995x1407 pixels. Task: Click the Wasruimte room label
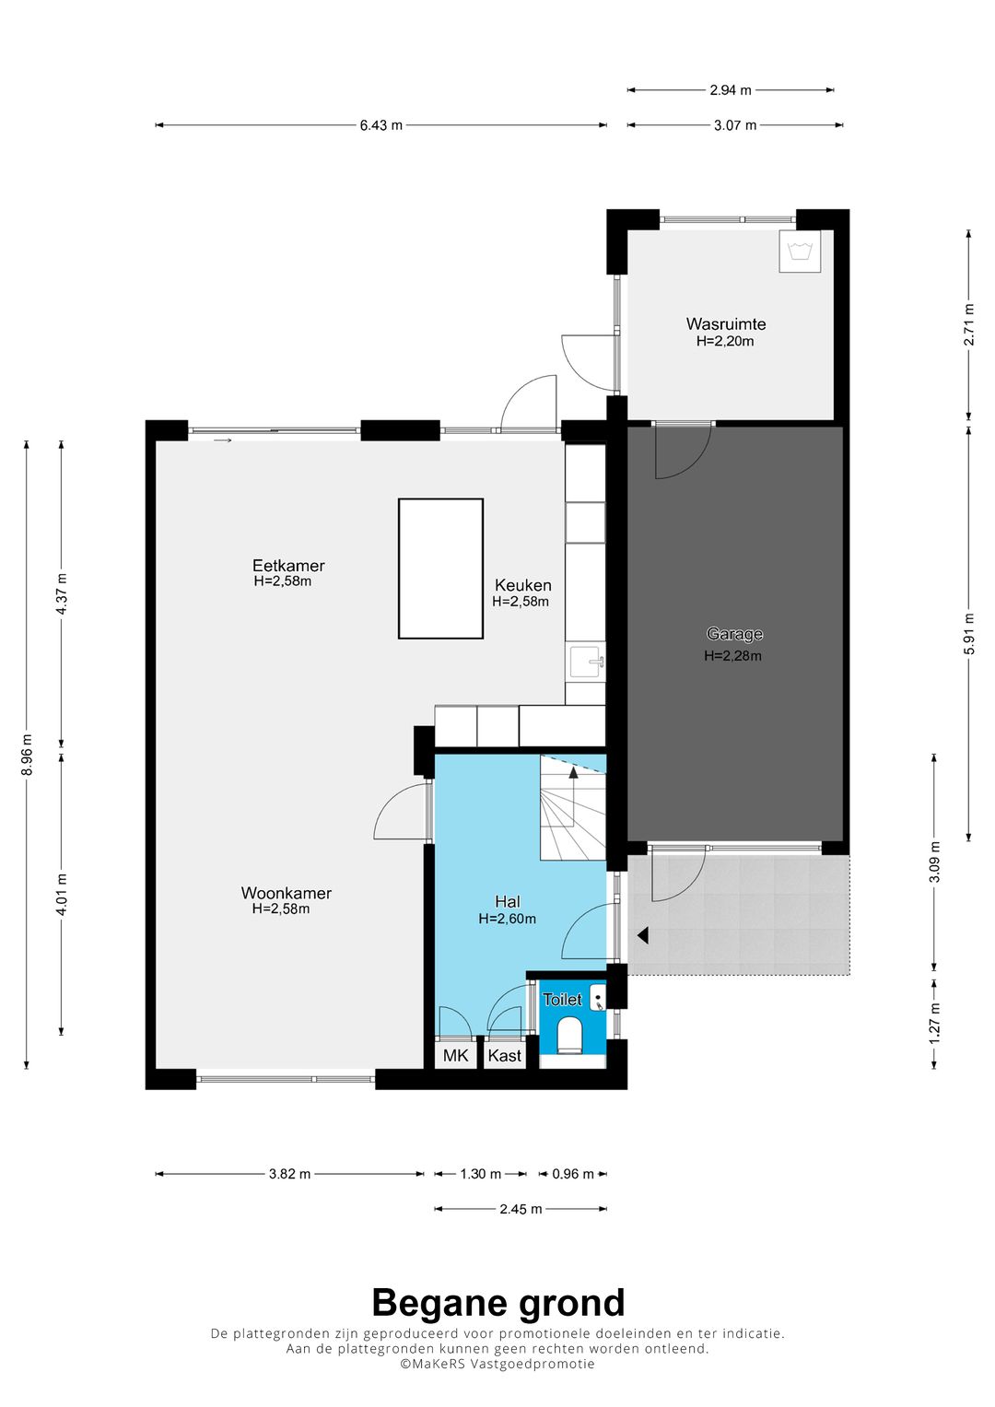(x=726, y=324)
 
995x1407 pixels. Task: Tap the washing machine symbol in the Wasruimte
(x=800, y=252)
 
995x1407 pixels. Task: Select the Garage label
(x=733, y=634)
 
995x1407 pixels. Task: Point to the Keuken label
(x=522, y=585)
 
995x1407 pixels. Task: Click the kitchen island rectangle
(x=440, y=569)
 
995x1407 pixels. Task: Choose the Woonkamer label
(x=286, y=893)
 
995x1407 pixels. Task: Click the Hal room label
(x=508, y=901)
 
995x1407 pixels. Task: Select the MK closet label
(x=455, y=1055)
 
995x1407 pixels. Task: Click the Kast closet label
(x=505, y=1055)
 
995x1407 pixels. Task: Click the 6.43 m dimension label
(x=380, y=125)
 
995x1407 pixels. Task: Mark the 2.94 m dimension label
(x=731, y=89)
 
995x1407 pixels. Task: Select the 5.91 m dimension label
(x=968, y=633)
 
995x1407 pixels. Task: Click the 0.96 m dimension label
(x=573, y=1173)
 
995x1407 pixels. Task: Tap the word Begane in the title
(x=436, y=1303)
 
